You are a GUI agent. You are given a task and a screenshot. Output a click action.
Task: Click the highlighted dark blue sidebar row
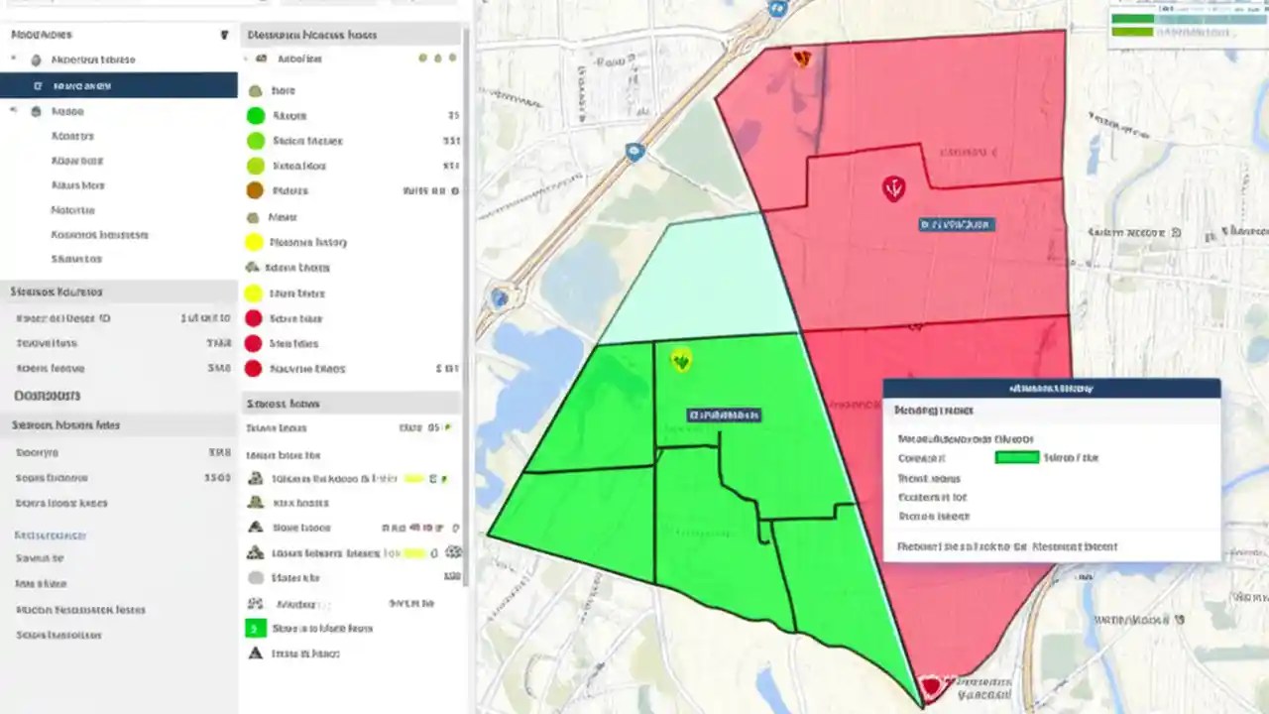point(119,85)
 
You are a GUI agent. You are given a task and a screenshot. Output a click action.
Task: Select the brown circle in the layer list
point(254,190)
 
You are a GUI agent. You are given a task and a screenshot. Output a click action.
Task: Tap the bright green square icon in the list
point(255,628)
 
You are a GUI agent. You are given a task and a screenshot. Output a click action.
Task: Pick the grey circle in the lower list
point(255,577)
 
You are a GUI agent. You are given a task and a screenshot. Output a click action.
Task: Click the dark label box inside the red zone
point(956,225)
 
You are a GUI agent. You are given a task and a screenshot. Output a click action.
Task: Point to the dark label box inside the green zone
point(723,414)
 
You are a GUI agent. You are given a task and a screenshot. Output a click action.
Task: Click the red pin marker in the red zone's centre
point(893,187)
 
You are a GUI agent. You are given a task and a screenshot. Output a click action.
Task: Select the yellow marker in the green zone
point(680,360)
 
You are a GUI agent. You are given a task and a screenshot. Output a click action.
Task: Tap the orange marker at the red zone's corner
point(802,59)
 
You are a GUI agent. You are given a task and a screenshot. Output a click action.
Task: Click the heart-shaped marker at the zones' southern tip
point(930,685)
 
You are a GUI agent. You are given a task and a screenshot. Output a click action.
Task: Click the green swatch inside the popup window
point(1016,457)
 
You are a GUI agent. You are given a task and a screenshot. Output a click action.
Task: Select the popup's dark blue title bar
point(1051,388)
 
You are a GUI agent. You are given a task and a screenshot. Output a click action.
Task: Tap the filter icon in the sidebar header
point(225,35)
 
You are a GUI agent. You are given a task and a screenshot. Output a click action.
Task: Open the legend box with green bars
point(1186,24)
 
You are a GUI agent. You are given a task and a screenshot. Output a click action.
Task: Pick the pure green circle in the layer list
point(255,115)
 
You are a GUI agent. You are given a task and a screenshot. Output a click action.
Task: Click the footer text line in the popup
point(1006,546)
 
